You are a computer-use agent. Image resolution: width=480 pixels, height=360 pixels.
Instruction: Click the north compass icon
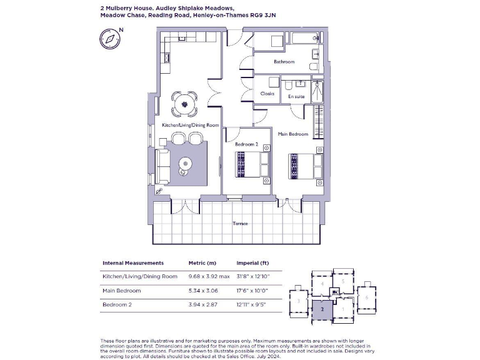click(x=110, y=38)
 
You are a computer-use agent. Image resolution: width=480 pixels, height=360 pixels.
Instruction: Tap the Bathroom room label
click(x=284, y=62)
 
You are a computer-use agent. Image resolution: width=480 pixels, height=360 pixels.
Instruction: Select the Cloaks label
click(x=267, y=94)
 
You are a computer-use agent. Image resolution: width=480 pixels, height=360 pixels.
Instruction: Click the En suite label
click(x=296, y=97)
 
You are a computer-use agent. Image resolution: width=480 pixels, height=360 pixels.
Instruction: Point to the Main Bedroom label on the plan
click(x=292, y=134)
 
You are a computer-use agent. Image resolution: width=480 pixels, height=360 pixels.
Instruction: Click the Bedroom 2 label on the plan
click(x=246, y=144)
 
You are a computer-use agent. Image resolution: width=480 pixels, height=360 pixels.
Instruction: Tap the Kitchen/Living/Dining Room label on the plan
click(x=190, y=126)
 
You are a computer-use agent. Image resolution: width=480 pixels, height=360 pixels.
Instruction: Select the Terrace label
click(x=240, y=223)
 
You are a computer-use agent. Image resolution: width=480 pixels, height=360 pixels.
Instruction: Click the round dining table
click(x=184, y=103)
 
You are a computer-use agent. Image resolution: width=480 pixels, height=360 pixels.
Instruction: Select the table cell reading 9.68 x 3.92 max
click(x=209, y=276)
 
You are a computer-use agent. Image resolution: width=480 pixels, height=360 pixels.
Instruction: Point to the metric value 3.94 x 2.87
click(x=201, y=305)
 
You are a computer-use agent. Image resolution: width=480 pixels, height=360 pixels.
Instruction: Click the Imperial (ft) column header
click(x=252, y=263)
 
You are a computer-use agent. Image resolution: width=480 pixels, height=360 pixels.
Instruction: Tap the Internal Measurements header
click(x=132, y=263)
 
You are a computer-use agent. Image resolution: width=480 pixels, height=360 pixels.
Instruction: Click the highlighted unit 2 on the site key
click(x=321, y=309)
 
